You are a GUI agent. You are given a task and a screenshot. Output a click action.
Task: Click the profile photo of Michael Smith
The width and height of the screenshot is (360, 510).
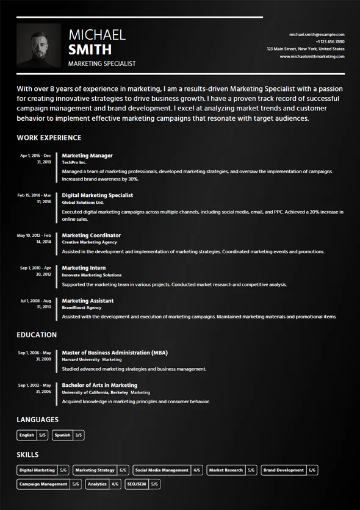[38, 45]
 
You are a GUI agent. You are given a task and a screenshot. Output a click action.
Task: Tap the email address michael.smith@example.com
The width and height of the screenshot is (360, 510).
[317, 35]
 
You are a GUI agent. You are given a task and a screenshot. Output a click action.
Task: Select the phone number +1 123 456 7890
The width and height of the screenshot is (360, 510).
[329, 41]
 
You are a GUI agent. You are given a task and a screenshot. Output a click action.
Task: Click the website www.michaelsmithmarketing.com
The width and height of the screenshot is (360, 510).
[312, 56]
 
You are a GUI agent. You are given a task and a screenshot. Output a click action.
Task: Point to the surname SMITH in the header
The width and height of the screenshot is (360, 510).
[90, 50]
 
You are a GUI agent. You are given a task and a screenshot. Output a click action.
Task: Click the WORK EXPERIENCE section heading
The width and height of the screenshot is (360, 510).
[49, 138]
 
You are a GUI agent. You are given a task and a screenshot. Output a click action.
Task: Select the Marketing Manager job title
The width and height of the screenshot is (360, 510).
[87, 156]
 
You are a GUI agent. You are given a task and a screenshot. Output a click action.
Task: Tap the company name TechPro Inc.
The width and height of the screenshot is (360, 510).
[74, 163]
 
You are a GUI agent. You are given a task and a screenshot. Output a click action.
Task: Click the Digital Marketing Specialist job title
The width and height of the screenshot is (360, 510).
[98, 195]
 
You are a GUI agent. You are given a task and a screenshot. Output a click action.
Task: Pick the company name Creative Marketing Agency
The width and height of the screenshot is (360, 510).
[90, 242]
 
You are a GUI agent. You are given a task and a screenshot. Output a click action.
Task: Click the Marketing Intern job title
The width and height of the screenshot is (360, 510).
[84, 268]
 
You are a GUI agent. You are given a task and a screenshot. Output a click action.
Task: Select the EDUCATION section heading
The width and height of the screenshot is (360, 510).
[37, 335]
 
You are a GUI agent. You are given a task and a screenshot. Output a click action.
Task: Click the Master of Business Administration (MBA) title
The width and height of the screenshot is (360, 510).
[115, 353]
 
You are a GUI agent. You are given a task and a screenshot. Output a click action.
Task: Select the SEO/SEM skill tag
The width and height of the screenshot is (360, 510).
[142, 484]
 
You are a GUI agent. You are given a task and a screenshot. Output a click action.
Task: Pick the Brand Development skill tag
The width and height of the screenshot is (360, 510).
[289, 470]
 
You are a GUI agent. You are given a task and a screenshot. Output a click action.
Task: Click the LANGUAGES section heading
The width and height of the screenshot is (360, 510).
[38, 420]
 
